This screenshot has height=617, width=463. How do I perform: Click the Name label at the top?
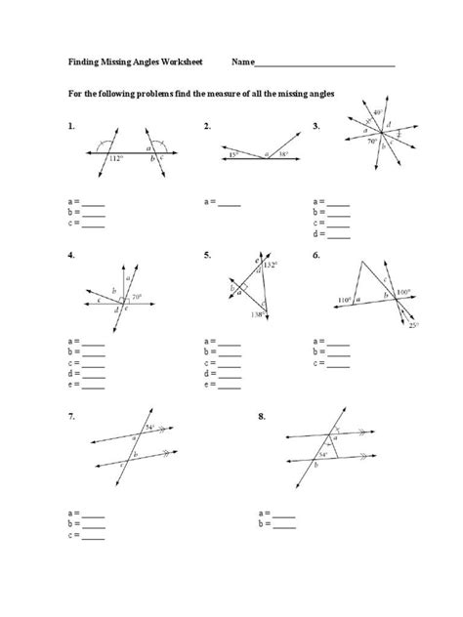pyautogui.click(x=242, y=62)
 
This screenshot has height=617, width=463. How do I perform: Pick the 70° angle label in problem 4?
pyautogui.click(x=137, y=296)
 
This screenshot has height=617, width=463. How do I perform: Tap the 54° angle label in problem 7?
pyautogui.click(x=148, y=427)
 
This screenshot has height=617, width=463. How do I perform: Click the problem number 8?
pyautogui.click(x=262, y=417)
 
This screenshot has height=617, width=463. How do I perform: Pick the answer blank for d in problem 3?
pyautogui.click(x=338, y=234)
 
